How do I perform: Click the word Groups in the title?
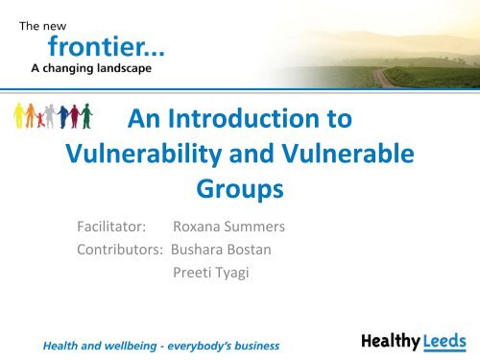239,189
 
